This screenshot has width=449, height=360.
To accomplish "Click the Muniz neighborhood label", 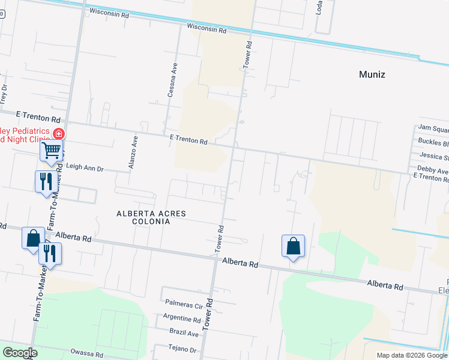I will coord(372,75).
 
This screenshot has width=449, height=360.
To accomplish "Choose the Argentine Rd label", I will coord(182,320).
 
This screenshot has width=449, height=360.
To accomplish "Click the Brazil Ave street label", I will coord(184,334).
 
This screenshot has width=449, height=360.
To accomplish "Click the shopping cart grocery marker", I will coord(52,150).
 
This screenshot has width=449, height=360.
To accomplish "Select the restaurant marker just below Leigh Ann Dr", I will coord(46,181).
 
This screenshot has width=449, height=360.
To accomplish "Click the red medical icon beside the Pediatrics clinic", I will coord(59,134).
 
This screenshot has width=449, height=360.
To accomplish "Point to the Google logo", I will coord(20,353).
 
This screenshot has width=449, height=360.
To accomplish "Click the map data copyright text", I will coord(412,355).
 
